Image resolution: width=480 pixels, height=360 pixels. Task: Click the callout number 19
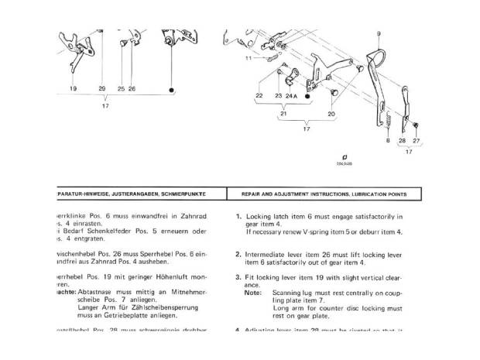(73, 89)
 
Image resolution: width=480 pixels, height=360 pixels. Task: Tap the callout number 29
(102, 89)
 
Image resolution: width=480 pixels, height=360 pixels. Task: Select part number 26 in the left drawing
(132, 89)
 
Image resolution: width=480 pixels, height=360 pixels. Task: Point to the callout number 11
(248, 58)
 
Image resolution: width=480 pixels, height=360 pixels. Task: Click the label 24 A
(291, 95)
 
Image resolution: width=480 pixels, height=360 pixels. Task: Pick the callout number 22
(259, 95)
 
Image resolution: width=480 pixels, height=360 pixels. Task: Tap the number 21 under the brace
(284, 113)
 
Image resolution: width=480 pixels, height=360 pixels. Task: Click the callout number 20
(331, 113)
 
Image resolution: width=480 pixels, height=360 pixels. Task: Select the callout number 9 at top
(379, 33)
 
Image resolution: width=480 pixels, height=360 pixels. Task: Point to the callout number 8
(387, 140)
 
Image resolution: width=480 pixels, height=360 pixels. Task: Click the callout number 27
(416, 140)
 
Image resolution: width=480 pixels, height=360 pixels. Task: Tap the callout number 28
(401, 140)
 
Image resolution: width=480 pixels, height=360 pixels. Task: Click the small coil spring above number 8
(389, 122)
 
